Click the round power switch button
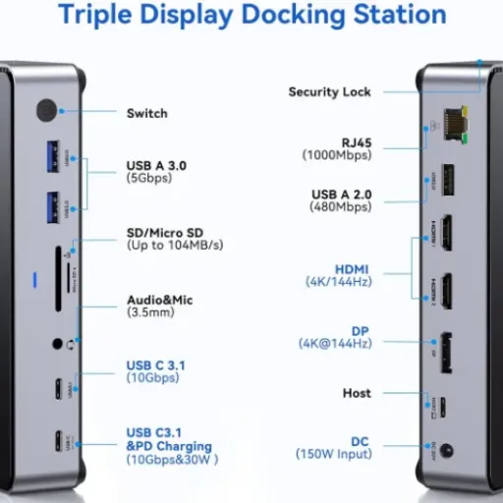pos(47,111)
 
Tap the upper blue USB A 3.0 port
pos(53,156)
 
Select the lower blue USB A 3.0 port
pos(53,207)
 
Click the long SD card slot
pos(58,279)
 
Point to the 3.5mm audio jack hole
pos(57,344)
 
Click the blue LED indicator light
pos(35,280)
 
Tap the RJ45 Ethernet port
pos(456,125)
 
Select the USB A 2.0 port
pos(448,180)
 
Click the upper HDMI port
pos(447,233)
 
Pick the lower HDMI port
pos(447,292)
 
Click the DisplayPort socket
pos(446,353)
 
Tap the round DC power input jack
pos(446,451)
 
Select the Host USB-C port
pos(442,407)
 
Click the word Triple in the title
pos(95,15)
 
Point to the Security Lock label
pos(329,92)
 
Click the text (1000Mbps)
pos(337,155)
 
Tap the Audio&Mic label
pos(160,300)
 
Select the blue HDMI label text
pos(352,269)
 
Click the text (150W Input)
pos(334,454)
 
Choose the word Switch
pos(147,113)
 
